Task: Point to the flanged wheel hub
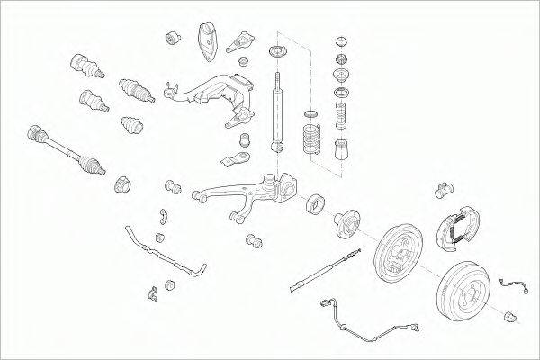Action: coord(346,225)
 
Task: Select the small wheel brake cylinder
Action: coord(442,189)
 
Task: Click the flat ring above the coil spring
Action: coord(310,112)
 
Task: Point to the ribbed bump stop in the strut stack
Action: coord(341,117)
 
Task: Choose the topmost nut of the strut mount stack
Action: coord(340,41)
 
